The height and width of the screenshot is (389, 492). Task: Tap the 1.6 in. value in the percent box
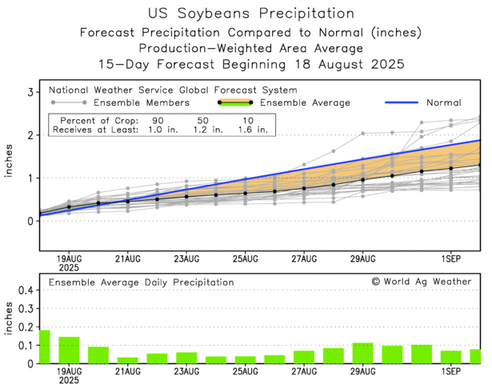pos(253,128)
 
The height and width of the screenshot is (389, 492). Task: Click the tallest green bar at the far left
pos(44,347)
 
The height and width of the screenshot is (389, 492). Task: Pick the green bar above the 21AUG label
pos(128,359)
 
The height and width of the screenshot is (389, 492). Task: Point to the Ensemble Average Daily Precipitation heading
pos(142,282)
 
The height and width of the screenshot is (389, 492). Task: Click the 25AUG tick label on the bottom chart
pos(246,371)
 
